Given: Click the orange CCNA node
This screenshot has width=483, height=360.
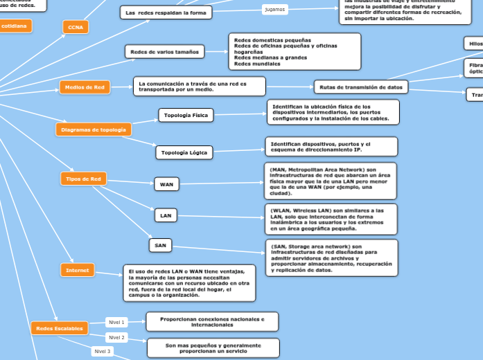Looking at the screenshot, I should pos(76,27).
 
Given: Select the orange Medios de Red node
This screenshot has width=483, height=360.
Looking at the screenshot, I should pos(85,87).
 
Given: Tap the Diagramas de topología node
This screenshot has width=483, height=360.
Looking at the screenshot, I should pos(94,129).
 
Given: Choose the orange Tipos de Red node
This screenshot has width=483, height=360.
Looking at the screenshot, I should pos(83,179).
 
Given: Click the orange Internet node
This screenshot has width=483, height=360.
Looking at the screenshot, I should pos(78,270).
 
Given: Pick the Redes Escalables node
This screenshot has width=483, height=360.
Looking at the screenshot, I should pos(60,328).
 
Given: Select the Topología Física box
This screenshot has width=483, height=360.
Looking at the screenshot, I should pos(186,115).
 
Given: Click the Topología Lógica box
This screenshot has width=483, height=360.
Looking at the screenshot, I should pos(184,152).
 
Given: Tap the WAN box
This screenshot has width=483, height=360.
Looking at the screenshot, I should pos(167,184).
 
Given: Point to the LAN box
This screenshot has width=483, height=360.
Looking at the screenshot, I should pos(166,215).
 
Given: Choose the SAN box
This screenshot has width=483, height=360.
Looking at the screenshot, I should pos(160,245).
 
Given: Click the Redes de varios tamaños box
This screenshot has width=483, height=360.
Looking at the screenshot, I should pos(164,51).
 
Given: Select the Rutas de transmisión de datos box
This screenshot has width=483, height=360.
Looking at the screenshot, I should pos(361,87).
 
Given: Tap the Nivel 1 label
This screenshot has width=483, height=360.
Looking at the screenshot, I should pos(116,322).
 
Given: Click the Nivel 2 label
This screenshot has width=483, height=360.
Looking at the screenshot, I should pos(116,337).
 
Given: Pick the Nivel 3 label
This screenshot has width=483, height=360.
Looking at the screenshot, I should pos(102,351).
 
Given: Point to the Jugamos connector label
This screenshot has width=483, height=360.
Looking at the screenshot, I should pos(275,10).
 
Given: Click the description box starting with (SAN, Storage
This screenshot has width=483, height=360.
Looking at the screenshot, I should pos(331,258).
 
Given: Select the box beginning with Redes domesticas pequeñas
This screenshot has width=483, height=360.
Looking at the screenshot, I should pos(295,51).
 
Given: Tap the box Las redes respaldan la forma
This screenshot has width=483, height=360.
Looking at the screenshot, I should pos(166,12).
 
